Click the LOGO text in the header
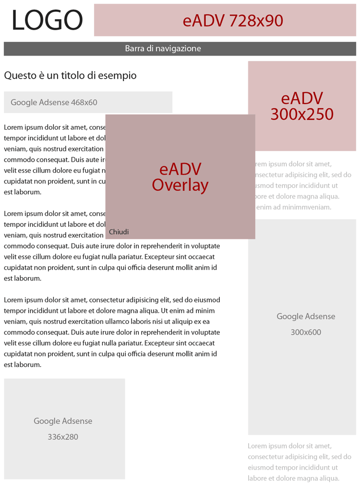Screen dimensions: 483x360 (x=47, y=21)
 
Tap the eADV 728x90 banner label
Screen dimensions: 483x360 (x=233, y=21)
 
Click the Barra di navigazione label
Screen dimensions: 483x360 (x=163, y=48)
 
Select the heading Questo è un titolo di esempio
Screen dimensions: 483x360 (x=70, y=75)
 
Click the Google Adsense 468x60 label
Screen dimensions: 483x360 (x=54, y=102)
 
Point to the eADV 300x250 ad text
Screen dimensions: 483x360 (x=302, y=106)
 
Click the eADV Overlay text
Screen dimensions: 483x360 (x=180, y=177)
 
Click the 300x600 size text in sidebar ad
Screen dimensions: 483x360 (x=306, y=332)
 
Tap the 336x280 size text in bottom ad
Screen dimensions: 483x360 (x=63, y=437)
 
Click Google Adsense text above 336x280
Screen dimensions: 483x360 (x=63, y=421)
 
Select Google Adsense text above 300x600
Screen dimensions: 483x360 (x=306, y=317)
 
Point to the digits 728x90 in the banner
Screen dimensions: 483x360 (x=256, y=21)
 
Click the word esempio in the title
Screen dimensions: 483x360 (x=120, y=76)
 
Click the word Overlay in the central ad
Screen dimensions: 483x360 (x=180, y=185)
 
